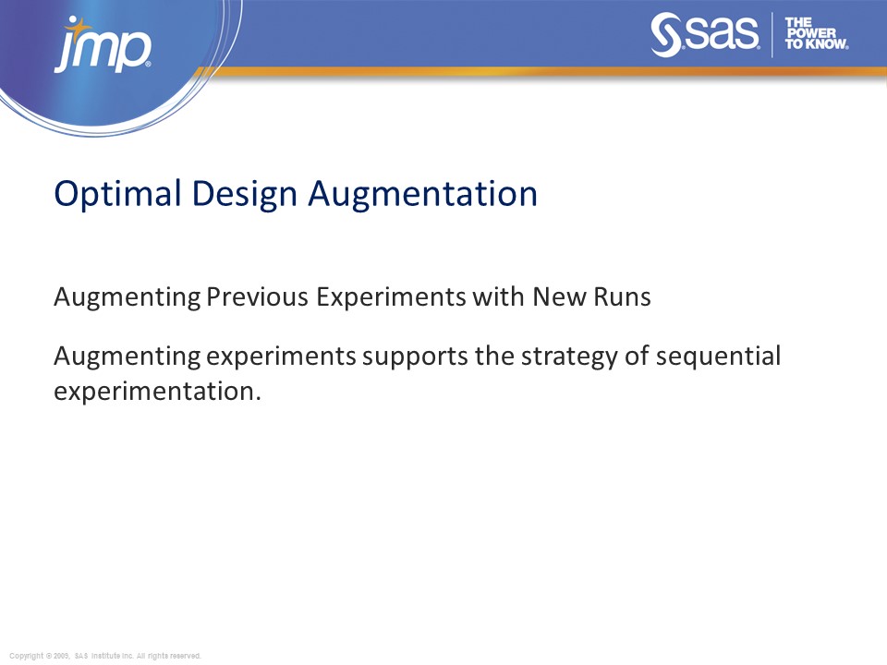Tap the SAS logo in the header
[705, 36]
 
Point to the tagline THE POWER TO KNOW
[816, 33]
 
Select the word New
[557, 297]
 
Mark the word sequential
[719, 356]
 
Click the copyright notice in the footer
[104, 656]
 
